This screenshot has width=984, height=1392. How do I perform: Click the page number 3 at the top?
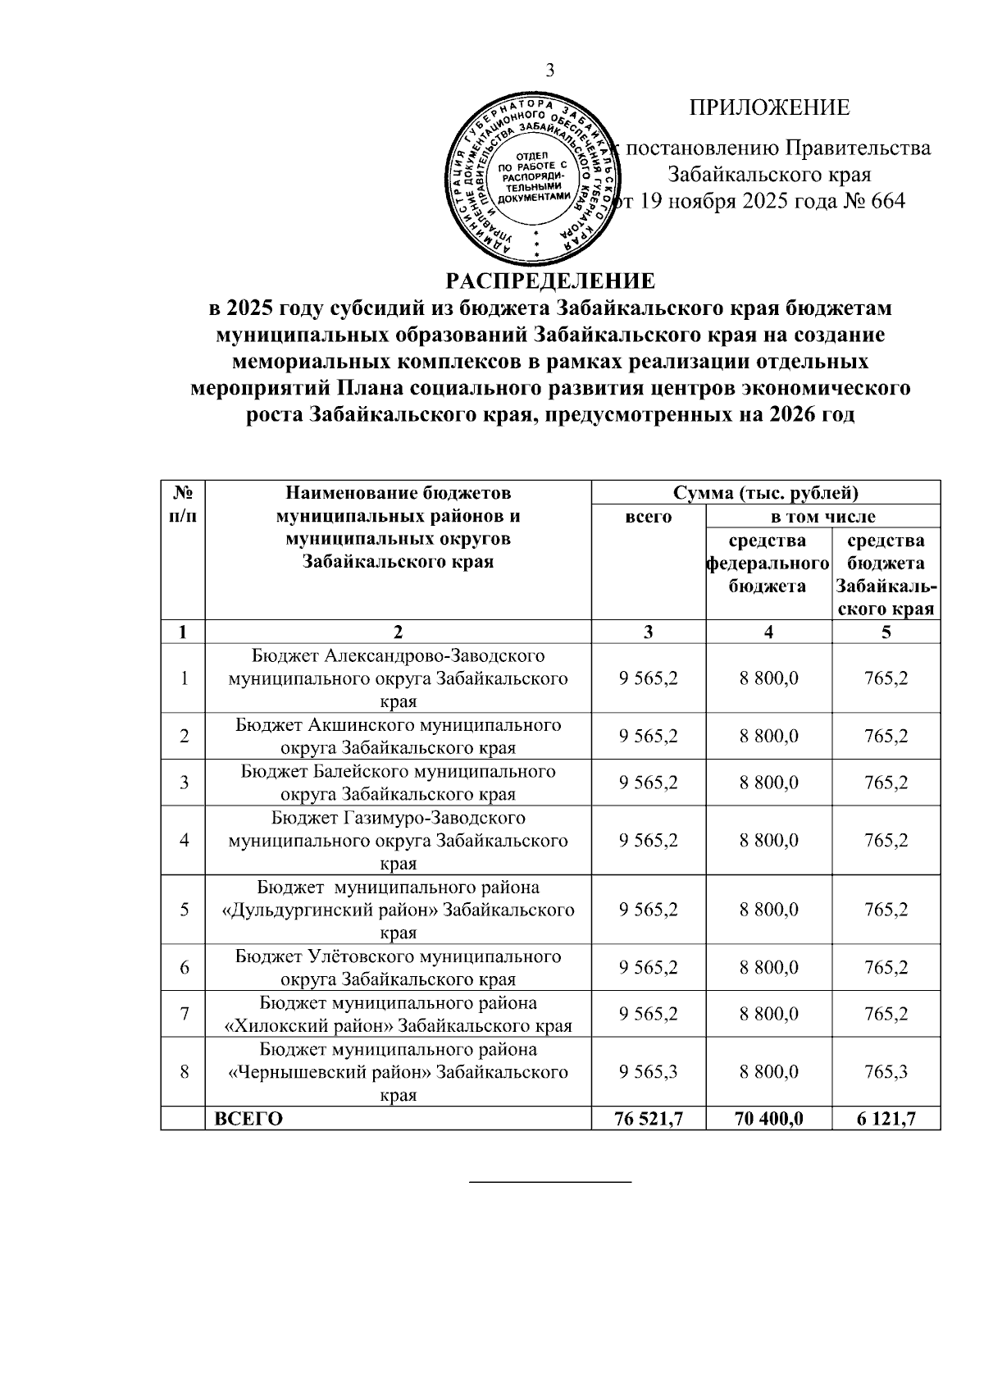coord(550,71)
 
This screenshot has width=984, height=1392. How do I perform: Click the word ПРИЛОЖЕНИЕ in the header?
coord(769,107)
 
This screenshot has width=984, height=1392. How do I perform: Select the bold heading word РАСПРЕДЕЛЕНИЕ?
coord(550,281)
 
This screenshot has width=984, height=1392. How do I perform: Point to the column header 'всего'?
coord(648,517)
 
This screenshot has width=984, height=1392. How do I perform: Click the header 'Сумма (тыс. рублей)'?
coord(765,493)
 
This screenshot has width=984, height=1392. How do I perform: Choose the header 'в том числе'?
coord(822,517)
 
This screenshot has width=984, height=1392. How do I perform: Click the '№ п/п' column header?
coord(183,504)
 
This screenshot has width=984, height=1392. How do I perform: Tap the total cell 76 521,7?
coord(649,1119)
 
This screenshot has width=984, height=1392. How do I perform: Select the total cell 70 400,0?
coord(768,1119)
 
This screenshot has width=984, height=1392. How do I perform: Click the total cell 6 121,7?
coord(886,1119)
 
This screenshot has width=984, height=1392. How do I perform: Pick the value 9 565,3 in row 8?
coord(649,1072)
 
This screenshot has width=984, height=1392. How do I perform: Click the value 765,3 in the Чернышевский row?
coord(886,1072)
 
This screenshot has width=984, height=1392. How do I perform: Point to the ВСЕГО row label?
coord(248,1119)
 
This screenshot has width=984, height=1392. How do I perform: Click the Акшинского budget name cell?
coord(398,736)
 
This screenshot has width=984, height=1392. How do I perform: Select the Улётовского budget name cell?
coord(398,967)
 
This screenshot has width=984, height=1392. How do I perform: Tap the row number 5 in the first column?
coord(184,910)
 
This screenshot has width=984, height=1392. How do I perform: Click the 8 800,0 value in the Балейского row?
coord(768,783)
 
